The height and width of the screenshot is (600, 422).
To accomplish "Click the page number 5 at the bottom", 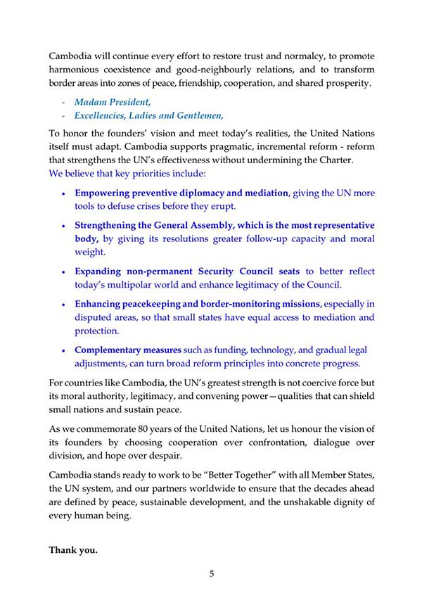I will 211,573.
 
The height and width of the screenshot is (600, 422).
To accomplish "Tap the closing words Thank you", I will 73,550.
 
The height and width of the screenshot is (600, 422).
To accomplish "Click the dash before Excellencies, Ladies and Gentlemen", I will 63,116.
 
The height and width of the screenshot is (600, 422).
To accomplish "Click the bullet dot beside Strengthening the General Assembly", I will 64,226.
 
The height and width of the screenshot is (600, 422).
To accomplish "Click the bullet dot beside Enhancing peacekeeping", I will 64,305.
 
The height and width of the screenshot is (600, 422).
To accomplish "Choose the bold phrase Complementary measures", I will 128,350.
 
